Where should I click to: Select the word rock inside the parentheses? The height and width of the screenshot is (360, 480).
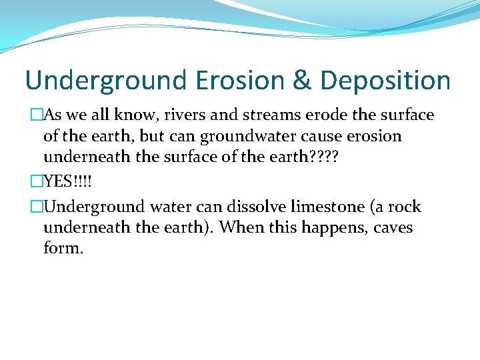[x=405, y=207]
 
